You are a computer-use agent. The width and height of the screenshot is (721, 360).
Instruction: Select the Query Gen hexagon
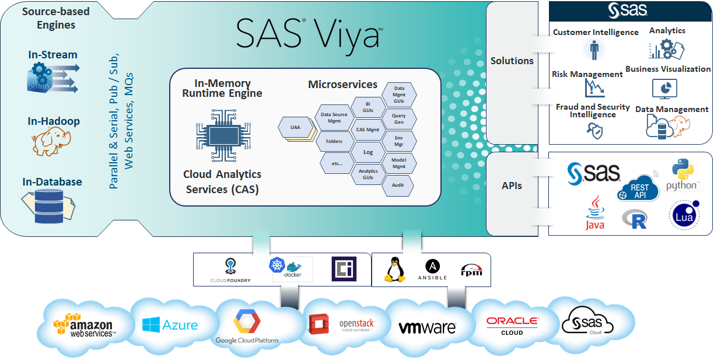coord(398,119)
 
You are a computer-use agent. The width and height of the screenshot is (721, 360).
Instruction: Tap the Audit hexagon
coord(398,185)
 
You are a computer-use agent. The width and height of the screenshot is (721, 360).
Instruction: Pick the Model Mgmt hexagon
coord(398,163)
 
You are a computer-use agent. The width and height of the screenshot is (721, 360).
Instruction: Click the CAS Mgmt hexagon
coord(368,130)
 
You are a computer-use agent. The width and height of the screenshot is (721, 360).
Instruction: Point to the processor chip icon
coord(221,137)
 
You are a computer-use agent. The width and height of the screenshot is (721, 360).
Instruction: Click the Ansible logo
coord(432,270)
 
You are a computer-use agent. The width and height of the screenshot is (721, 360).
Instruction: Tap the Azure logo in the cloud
coord(170,325)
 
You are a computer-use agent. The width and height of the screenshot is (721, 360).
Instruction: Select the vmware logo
coord(427,327)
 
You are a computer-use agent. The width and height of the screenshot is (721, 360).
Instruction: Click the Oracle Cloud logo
coord(512,325)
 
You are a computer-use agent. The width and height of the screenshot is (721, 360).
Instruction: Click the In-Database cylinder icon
coord(47,203)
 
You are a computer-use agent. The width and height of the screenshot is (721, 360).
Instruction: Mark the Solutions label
coord(512,61)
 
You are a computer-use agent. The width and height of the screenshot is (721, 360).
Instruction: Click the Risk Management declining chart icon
coord(594,88)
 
